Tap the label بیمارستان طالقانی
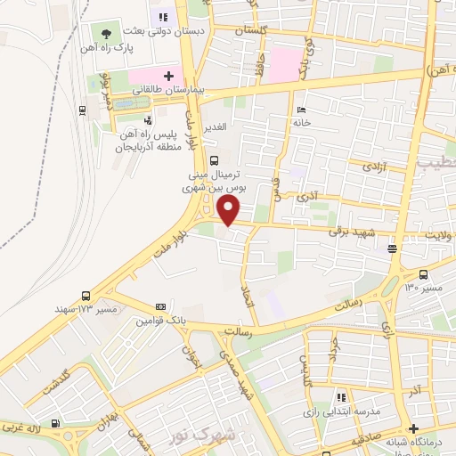point(169,90)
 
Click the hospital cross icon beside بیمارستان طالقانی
point(168,76)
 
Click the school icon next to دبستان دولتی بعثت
point(163,16)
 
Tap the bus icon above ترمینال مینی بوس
point(214,161)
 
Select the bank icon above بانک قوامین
point(159,305)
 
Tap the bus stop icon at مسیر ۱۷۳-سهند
point(85,296)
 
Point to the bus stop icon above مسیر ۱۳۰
point(423,275)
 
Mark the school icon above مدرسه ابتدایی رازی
point(339,397)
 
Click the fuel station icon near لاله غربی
point(57,423)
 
